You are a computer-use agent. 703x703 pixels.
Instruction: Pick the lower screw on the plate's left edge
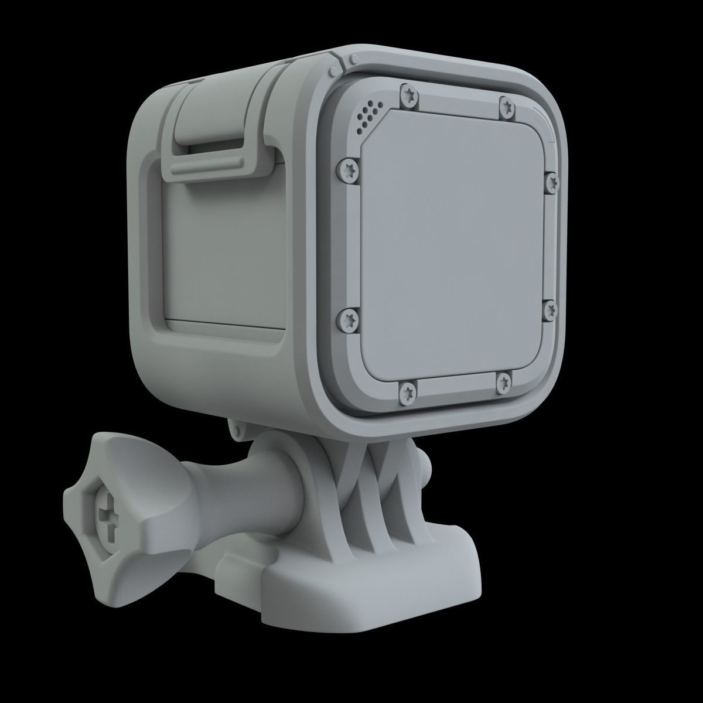[347, 319]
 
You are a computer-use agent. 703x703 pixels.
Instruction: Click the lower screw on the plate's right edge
[550, 311]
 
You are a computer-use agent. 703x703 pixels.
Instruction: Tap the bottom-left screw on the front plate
[407, 390]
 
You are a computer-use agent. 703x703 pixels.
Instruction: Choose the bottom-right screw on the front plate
[503, 383]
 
